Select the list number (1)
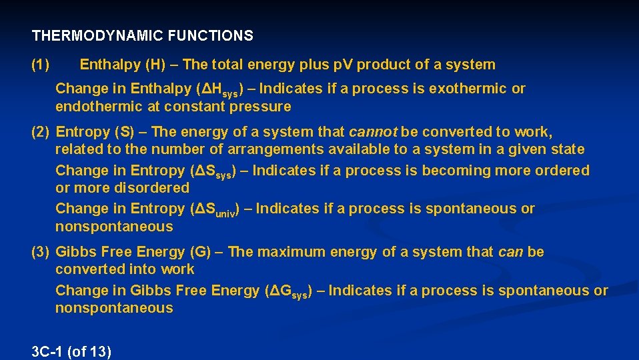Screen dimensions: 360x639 [x=41, y=65]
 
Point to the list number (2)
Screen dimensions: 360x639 [x=41, y=132]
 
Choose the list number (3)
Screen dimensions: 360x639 [x=41, y=252]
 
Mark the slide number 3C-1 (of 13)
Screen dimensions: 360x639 [x=71, y=351]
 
